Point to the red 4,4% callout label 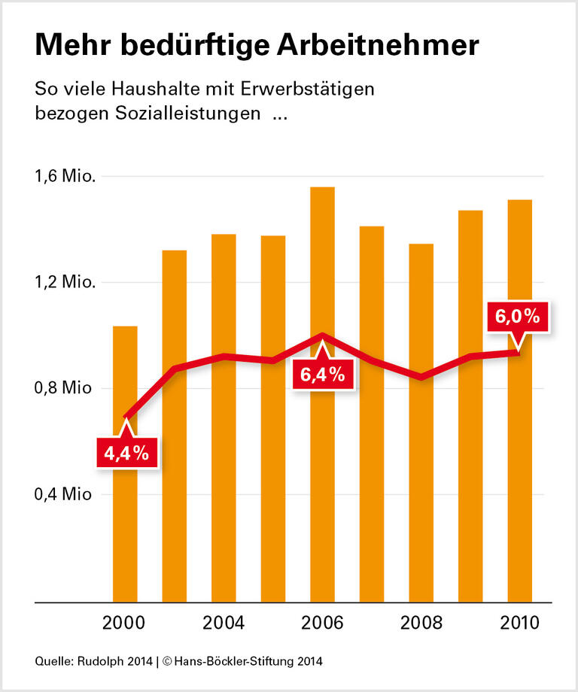coord(126,454)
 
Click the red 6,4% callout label coord(323,374)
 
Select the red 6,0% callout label coord(517,317)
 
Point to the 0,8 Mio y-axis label coord(65,389)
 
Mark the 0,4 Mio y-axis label coord(65,495)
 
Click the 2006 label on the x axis coord(322,624)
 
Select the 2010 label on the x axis coord(519,624)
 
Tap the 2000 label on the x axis coord(125,624)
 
